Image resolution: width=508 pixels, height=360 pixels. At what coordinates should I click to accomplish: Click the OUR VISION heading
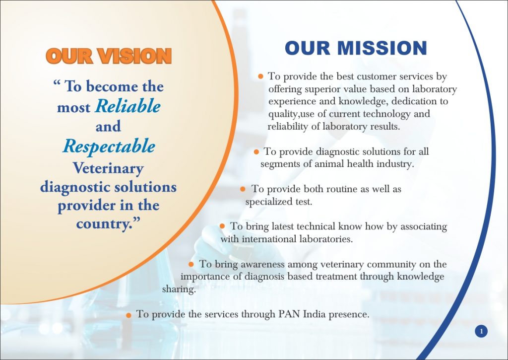109,56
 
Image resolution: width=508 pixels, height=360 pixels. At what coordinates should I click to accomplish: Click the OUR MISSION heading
356,48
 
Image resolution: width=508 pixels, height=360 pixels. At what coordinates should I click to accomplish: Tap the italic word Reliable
128,106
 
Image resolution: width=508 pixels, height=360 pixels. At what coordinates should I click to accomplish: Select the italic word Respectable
109,146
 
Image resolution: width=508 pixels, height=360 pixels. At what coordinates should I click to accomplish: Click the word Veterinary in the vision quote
108,168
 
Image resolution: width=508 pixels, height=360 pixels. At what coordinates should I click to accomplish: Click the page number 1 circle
481,331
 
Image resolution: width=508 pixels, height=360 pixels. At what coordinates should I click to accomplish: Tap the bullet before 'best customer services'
260,76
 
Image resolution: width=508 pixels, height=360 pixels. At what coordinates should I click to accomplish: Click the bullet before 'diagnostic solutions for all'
256,152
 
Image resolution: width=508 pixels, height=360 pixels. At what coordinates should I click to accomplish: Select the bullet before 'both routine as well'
243,189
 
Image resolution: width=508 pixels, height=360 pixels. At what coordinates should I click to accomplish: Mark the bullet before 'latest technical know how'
223,226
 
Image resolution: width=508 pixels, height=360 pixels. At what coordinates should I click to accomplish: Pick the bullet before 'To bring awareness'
191,264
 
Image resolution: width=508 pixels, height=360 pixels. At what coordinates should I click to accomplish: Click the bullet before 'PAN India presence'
129,315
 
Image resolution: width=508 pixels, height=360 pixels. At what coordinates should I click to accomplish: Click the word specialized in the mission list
268,202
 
